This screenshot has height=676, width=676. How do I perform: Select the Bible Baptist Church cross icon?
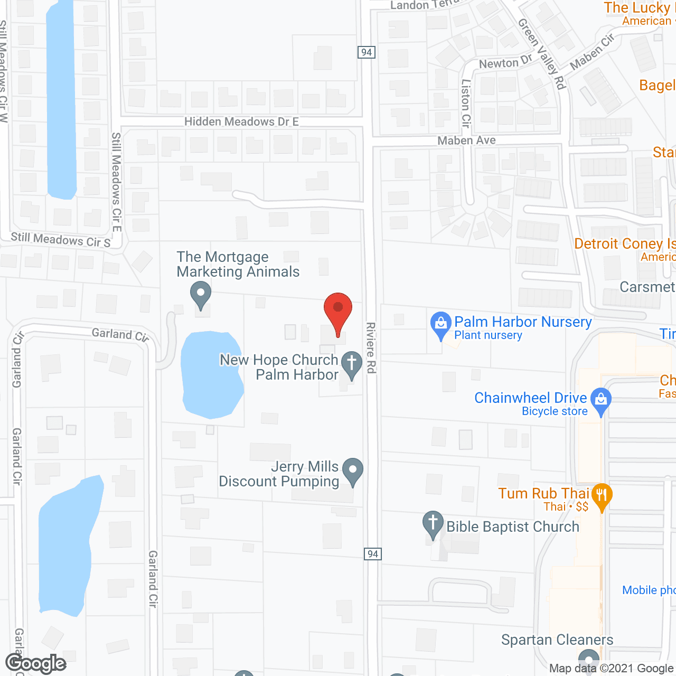[x=433, y=523]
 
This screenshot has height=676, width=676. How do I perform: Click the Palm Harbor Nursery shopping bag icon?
[x=440, y=324]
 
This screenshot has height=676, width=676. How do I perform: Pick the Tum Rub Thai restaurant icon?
[x=601, y=496]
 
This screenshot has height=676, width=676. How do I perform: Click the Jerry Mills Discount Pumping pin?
[x=352, y=470]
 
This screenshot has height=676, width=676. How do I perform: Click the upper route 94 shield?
[x=367, y=52]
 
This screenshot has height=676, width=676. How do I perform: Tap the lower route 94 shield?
[x=373, y=553]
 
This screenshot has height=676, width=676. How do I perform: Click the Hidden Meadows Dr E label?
[x=241, y=122]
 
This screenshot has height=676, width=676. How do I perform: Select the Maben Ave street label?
[x=466, y=140]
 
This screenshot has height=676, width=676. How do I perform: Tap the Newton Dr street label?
[x=505, y=62]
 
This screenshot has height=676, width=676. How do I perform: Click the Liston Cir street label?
[x=465, y=103]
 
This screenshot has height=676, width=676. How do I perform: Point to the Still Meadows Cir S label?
[x=61, y=240]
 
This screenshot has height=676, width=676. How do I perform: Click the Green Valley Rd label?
[x=542, y=53]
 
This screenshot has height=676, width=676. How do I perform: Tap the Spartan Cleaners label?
[x=557, y=640]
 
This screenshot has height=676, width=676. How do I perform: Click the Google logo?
[x=35, y=663]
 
